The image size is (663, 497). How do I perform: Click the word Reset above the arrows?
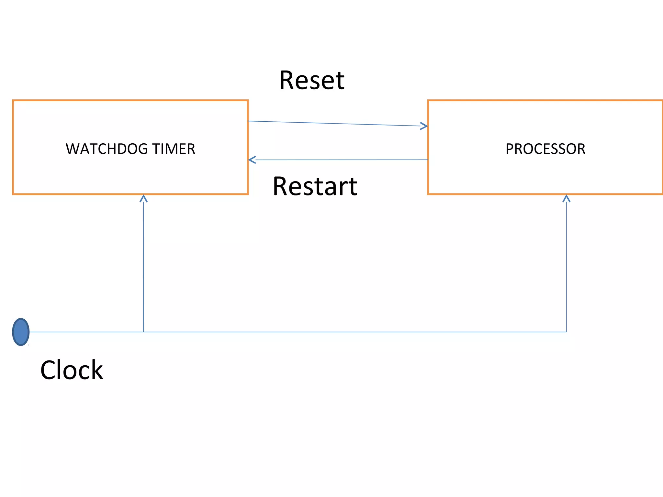click(312, 81)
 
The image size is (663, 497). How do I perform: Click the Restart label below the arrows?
click(315, 186)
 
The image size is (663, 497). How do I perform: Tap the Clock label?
click(72, 370)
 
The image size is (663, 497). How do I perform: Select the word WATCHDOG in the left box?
click(107, 149)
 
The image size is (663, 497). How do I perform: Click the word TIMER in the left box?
click(174, 149)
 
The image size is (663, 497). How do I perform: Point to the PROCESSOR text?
click(545, 149)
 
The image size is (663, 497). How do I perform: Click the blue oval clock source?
click(21, 332)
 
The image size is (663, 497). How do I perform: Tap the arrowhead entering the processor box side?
click(424, 126)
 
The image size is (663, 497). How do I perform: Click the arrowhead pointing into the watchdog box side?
click(252, 160)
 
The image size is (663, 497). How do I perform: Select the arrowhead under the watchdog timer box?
click(143, 198)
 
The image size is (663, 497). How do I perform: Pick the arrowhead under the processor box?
click(566, 198)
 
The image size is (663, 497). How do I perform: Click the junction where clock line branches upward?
click(143, 332)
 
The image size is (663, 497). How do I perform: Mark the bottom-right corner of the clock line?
click(566, 332)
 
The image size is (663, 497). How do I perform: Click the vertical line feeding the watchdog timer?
click(143, 265)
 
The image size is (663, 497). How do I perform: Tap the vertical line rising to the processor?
click(566, 265)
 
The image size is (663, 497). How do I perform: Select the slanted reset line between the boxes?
click(337, 124)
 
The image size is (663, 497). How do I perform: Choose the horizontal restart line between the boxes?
click(340, 160)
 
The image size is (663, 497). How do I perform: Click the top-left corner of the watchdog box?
click(13, 101)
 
